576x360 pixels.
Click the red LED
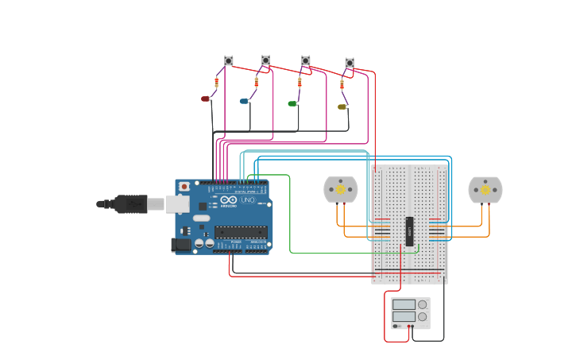point(205,99)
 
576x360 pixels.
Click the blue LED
point(244,101)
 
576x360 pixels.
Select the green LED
point(292,103)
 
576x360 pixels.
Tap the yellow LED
point(342,106)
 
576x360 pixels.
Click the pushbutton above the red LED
point(229,60)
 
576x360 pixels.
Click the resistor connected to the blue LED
point(257,81)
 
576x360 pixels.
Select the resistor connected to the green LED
point(300,82)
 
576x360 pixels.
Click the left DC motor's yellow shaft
point(341,189)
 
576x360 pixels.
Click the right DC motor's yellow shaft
point(485,189)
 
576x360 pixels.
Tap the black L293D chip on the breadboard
point(410,231)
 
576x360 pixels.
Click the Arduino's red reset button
point(184,187)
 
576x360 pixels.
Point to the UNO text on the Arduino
point(248,200)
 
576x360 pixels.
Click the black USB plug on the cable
point(130,204)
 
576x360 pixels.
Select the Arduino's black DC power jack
point(181,245)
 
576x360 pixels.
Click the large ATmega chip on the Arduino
point(240,232)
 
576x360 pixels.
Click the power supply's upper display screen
point(404,304)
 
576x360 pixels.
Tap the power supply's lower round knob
point(422,316)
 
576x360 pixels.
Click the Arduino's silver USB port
point(177,204)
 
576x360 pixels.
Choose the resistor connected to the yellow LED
point(342,84)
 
